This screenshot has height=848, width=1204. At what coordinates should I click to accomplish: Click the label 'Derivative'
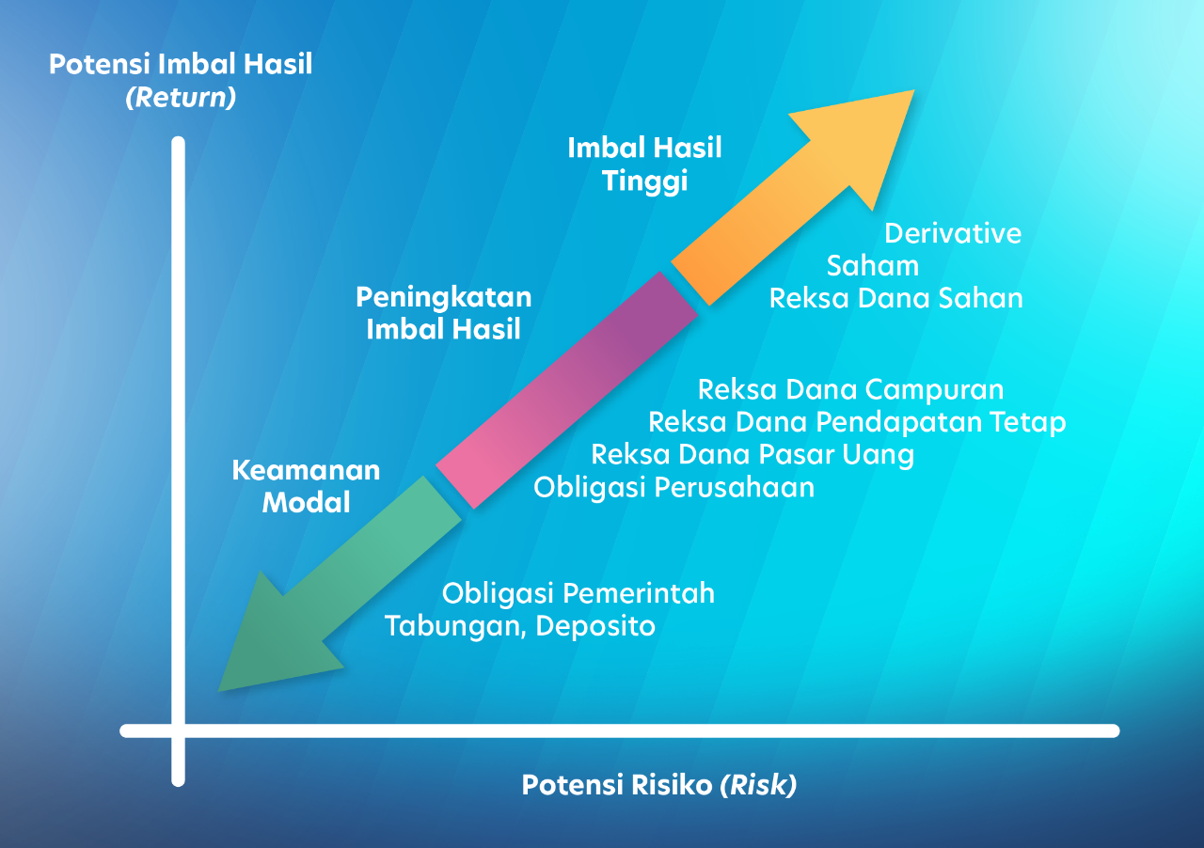(953, 233)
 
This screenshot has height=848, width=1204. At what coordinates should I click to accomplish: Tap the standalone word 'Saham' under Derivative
(873, 266)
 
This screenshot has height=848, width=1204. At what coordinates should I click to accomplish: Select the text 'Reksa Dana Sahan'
(895, 299)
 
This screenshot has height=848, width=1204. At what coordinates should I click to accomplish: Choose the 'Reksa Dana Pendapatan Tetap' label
(857, 422)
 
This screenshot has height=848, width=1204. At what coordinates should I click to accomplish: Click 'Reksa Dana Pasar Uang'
(752, 455)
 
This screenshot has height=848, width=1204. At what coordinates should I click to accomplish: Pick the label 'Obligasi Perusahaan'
(673, 488)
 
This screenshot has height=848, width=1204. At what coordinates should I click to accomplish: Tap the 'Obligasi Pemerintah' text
(578, 594)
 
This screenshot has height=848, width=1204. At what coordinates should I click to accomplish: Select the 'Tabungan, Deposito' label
(520, 626)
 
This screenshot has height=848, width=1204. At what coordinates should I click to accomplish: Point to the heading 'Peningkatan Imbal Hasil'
(443, 313)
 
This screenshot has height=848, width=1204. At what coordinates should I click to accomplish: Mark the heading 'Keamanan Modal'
(306, 486)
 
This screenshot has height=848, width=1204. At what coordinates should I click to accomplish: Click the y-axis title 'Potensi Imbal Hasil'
(181, 65)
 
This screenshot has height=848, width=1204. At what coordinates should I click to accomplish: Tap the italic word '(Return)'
(181, 97)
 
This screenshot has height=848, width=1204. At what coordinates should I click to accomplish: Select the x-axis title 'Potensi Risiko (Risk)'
(659, 785)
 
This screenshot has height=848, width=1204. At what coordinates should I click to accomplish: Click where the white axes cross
(179, 730)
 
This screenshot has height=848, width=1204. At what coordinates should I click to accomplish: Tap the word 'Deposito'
(595, 626)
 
